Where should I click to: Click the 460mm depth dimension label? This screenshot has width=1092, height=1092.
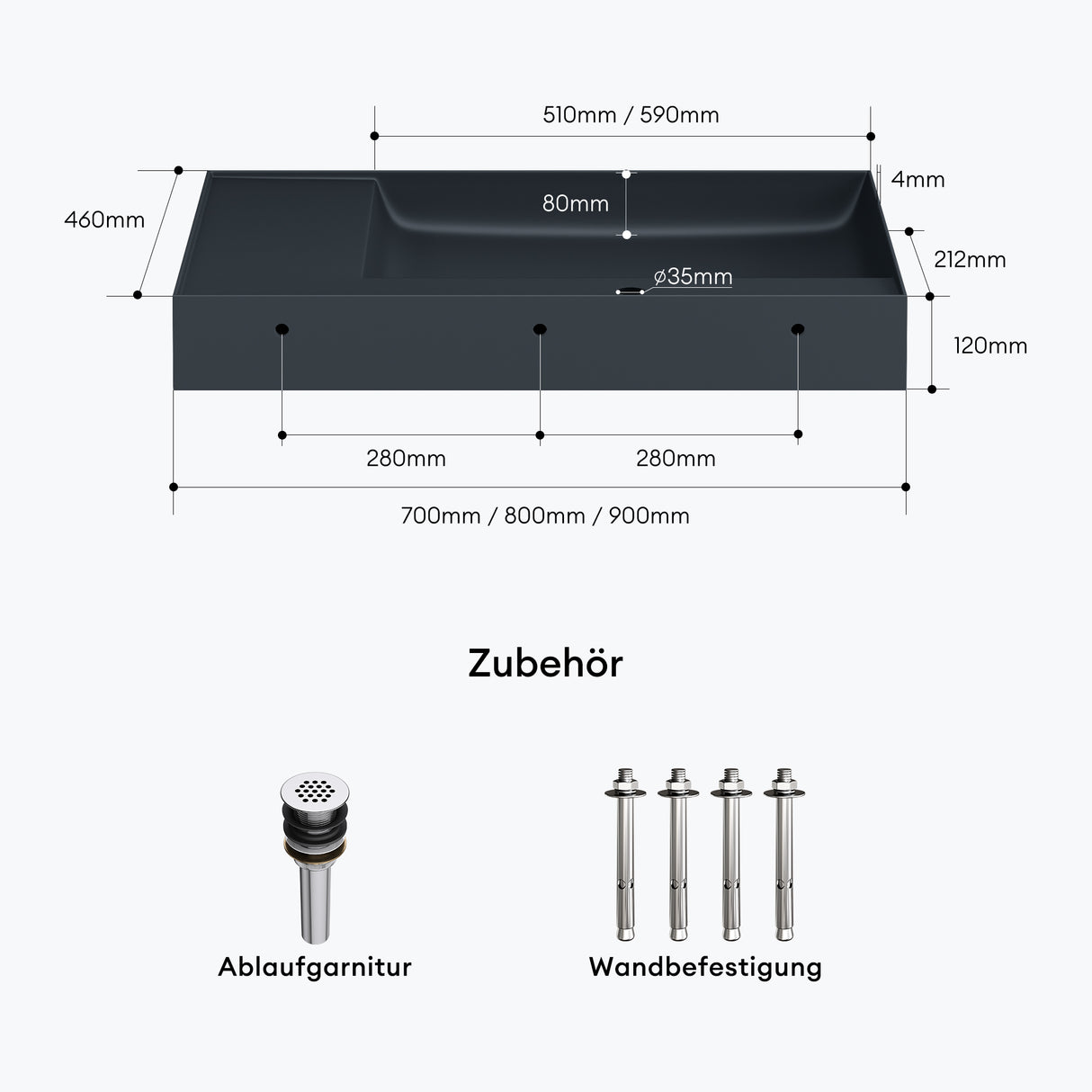pyautogui.click(x=104, y=219)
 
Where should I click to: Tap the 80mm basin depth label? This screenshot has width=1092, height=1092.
pyautogui.click(x=575, y=203)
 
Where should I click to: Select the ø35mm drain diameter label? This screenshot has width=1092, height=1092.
pyautogui.click(x=693, y=276)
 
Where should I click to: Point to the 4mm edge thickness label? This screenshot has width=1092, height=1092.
pyautogui.click(x=917, y=180)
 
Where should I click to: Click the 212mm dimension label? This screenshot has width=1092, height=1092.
pyautogui.click(x=970, y=260)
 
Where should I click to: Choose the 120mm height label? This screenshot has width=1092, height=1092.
pyautogui.click(x=990, y=345)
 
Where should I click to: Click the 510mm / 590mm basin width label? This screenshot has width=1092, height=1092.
pyautogui.click(x=631, y=115)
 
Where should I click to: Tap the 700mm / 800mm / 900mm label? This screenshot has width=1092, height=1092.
pyautogui.click(x=545, y=515)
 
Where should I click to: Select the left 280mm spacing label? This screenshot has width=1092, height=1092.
pyautogui.click(x=406, y=459)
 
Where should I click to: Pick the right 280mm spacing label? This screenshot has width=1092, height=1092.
pyautogui.click(x=676, y=459)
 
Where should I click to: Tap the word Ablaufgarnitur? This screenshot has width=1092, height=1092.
pyautogui.click(x=315, y=967)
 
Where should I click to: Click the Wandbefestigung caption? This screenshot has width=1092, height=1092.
pyautogui.click(x=705, y=967)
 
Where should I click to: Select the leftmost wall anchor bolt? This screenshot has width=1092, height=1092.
pyautogui.click(x=625, y=854)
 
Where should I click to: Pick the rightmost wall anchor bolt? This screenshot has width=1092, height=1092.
pyautogui.click(x=784, y=854)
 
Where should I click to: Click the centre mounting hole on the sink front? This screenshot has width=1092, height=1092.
pyautogui.click(x=540, y=329)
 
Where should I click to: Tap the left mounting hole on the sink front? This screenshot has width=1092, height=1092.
pyautogui.click(x=282, y=329)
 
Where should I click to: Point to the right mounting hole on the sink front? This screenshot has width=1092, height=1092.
pyautogui.click(x=797, y=329)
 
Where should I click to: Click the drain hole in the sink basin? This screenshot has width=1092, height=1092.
pyautogui.click(x=629, y=291)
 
